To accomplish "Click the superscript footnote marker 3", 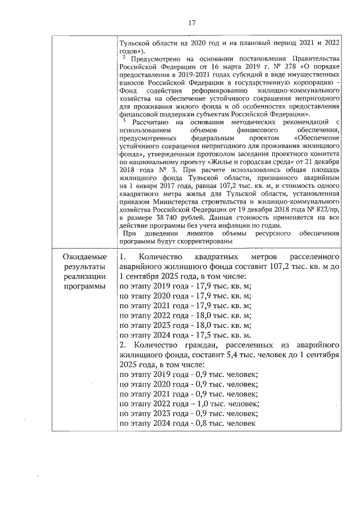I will click(123, 119).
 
